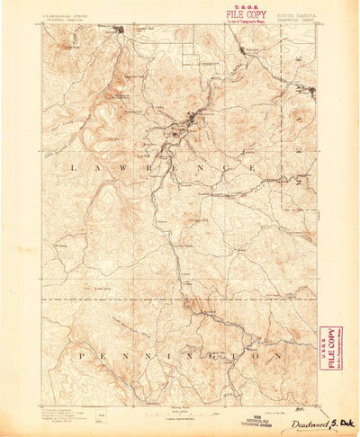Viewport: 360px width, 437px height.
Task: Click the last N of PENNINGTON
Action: [x=282, y=356]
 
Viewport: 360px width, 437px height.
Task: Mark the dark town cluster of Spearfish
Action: [x=121, y=31]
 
